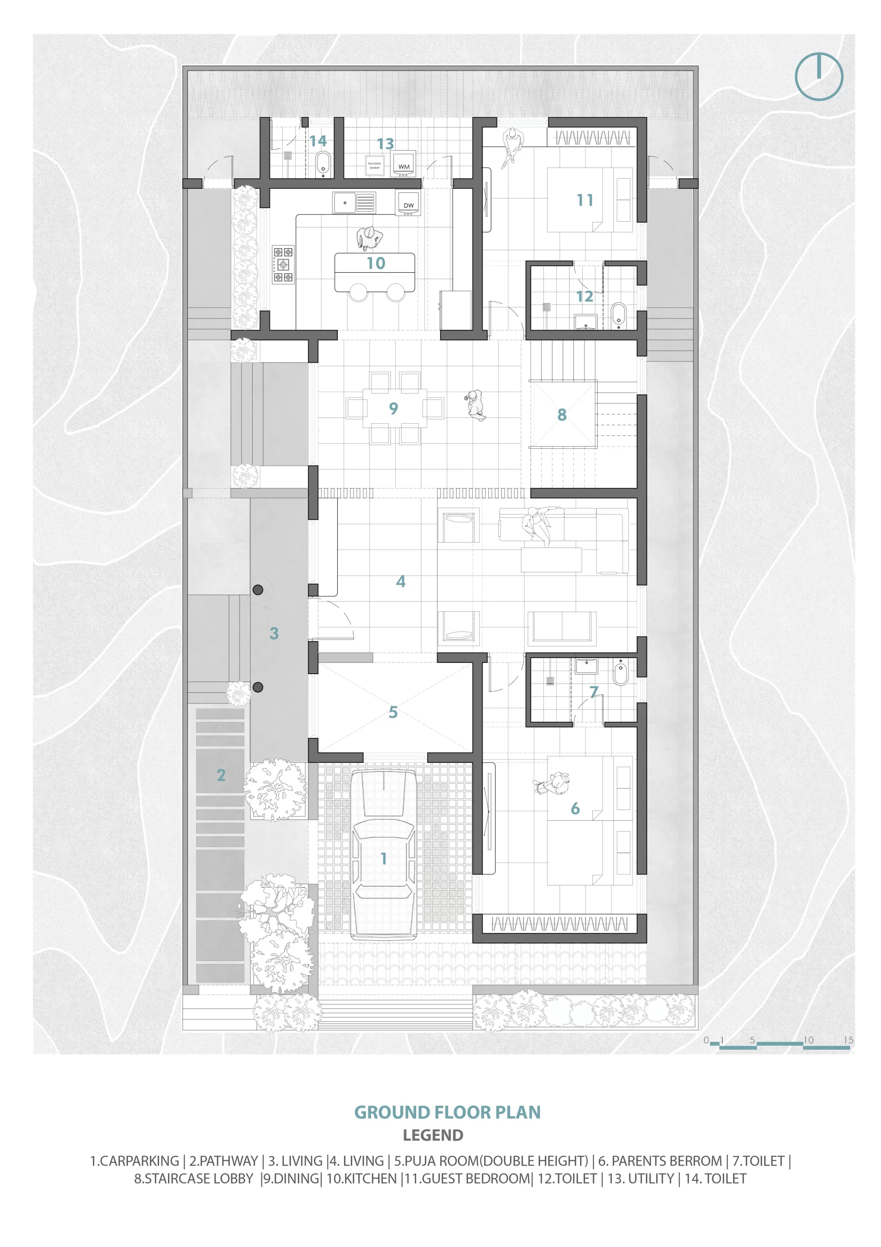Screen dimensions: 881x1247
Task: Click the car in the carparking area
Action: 383,854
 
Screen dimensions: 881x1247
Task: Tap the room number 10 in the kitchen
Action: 376,264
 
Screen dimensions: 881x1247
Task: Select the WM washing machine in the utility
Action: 404,164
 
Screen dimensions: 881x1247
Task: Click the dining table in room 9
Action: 394,408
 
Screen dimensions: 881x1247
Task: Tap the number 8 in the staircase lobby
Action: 562,415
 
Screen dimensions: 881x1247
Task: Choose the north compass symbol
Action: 819,76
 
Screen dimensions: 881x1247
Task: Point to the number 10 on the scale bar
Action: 808,1040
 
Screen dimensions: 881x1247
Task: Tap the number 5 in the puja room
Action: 393,712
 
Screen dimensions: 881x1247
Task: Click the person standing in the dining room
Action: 476,404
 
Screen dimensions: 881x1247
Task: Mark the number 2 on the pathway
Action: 221,775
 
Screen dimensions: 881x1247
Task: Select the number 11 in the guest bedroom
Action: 585,200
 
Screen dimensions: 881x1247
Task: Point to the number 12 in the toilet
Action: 585,297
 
